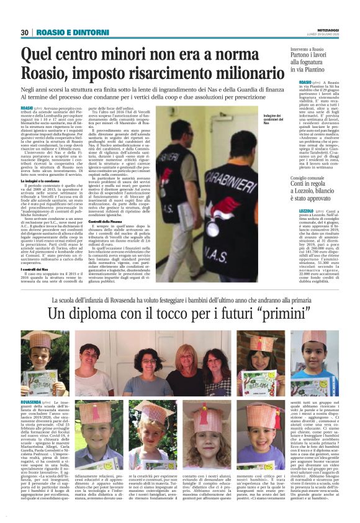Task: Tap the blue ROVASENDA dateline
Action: (34, 403)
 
